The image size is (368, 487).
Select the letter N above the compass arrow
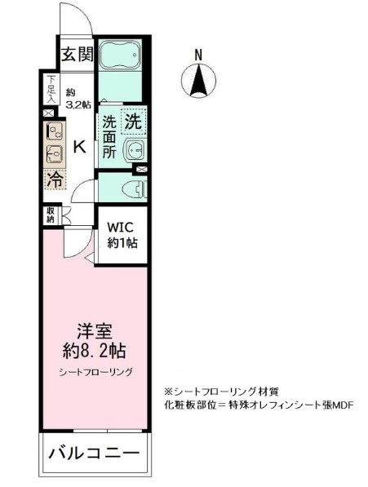point(198,55)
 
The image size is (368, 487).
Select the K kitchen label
point(79,148)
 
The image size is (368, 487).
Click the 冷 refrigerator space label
point(54,177)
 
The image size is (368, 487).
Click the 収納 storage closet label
point(50,215)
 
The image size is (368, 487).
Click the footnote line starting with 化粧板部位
point(258,404)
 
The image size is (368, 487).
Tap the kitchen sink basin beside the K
point(55,152)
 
